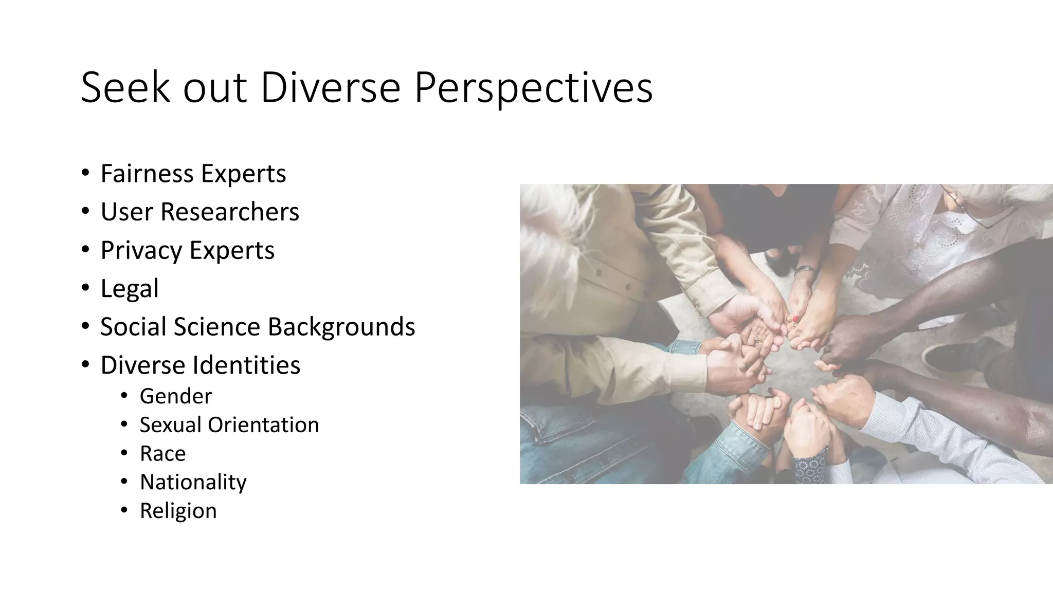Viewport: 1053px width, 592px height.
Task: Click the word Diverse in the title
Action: point(330,87)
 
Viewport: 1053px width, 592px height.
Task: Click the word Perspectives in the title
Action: point(533,87)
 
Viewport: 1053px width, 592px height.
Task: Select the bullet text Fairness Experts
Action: point(193,173)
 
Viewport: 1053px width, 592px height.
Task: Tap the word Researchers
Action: point(229,212)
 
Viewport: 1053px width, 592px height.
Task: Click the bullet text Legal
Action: point(129,288)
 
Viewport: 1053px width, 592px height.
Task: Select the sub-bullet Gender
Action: point(175,396)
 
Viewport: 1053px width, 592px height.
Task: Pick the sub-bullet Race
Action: point(162,454)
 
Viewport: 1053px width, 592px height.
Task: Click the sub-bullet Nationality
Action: point(193,482)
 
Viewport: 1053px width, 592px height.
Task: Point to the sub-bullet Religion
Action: point(178,511)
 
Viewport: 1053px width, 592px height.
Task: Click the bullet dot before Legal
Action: point(85,288)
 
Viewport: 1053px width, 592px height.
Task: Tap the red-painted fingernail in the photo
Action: point(795,319)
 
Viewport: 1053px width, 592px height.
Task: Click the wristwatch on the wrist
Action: point(805,269)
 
